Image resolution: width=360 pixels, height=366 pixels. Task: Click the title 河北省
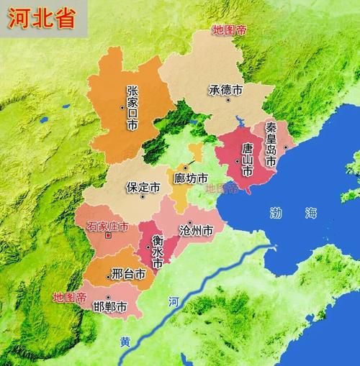(42, 18)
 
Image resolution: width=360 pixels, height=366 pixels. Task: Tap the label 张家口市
(132, 108)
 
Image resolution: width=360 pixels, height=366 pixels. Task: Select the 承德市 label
(226, 91)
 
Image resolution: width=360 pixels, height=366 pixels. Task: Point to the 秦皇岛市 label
(271, 144)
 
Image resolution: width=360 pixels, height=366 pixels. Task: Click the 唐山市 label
(247, 160)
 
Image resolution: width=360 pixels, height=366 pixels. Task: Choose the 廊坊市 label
(192, 178)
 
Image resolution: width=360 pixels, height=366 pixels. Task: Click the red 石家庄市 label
(108, 226)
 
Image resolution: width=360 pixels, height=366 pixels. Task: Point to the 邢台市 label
(130, 274)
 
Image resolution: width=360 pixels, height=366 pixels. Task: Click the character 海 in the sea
(310, 212)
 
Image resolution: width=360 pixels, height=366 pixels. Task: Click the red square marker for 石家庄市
(108, 235)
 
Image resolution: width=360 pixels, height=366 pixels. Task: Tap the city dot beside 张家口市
(123, 108)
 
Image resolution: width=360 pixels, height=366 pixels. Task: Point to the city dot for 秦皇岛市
(284, 147)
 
